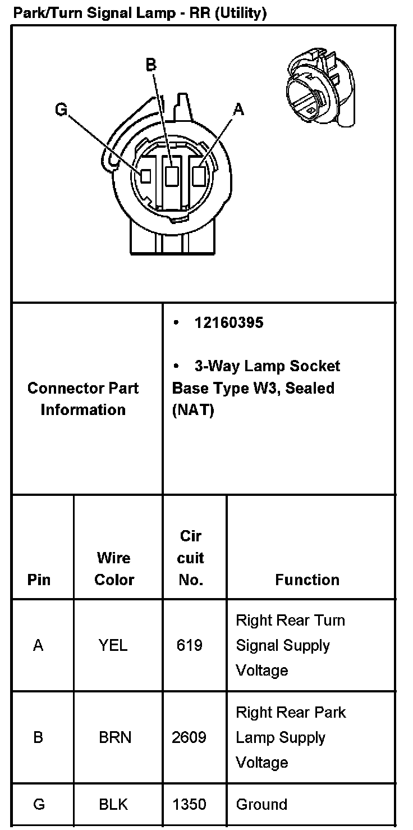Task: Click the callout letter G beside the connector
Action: (x=61, y=110)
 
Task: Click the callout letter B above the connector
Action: (x=151, y=65)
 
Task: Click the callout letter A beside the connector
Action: (x=238, y=110)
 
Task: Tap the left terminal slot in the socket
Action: (x=145, y=176)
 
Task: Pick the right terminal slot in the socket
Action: (x=198, y=176)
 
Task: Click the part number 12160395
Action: (x=228, y=323)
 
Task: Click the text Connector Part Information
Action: (x=83, y=399)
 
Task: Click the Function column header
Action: (x=307, y=580)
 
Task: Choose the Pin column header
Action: (x=39, y=580)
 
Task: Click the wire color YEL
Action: (x=113, y=645)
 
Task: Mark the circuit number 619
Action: (x=189, y=645)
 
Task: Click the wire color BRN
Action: (x=115, y=737)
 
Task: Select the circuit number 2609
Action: (x=189, y=737)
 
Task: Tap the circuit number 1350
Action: (x=189, y=804)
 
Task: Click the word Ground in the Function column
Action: (x=261, y=804)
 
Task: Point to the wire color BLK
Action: (x=113, y=804)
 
